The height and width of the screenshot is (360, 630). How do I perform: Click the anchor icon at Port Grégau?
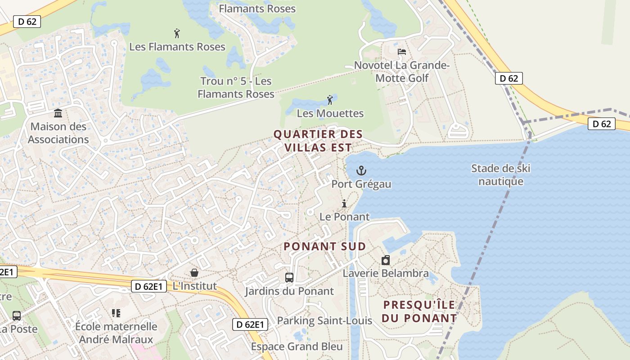coord(361,171)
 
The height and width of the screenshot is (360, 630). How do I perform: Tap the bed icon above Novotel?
coord(402,52)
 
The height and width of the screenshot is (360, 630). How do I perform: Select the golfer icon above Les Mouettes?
coord(330,99)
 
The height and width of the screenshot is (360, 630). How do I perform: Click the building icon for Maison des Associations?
coord(58,113)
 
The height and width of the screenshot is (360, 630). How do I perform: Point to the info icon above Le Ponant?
coord(344,203)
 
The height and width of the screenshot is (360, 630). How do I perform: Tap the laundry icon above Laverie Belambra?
coord(386,260)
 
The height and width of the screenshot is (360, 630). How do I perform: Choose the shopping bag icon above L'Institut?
coord(194,273)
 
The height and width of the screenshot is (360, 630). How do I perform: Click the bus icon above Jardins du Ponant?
coord(289,278)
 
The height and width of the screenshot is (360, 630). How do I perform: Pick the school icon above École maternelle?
coord(116,313)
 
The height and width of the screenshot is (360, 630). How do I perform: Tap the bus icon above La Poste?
coord(17,315)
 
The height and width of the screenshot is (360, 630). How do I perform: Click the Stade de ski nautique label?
coord(500,175)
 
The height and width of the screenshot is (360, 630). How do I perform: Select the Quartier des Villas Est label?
coord(318,140)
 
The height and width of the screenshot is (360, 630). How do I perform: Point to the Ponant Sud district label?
coord(324,247)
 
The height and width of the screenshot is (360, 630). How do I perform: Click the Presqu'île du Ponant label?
coord(419,311)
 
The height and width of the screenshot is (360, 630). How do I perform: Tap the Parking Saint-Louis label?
coord(324,320)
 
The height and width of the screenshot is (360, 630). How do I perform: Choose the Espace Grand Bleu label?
coord(297,346)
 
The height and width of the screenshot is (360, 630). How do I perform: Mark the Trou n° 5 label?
coord(236,87)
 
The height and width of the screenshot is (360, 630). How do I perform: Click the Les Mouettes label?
coord(330,113)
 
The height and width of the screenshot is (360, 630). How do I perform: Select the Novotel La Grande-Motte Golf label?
coord(402,72)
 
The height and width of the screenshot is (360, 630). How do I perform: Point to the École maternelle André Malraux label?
coord(116,333)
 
